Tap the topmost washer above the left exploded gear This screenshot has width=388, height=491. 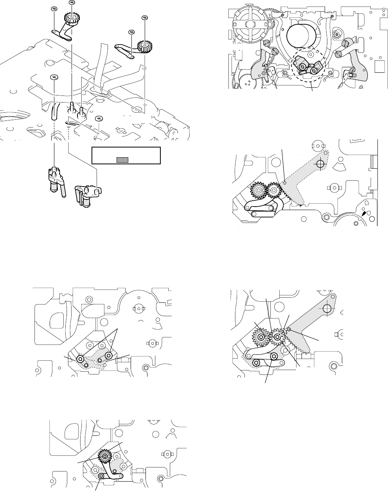tap(72, 2)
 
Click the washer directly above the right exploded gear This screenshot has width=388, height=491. tap(145, 17)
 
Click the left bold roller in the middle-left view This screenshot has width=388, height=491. tap(80, 359)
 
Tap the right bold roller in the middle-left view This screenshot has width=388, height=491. tap(108, 356)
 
